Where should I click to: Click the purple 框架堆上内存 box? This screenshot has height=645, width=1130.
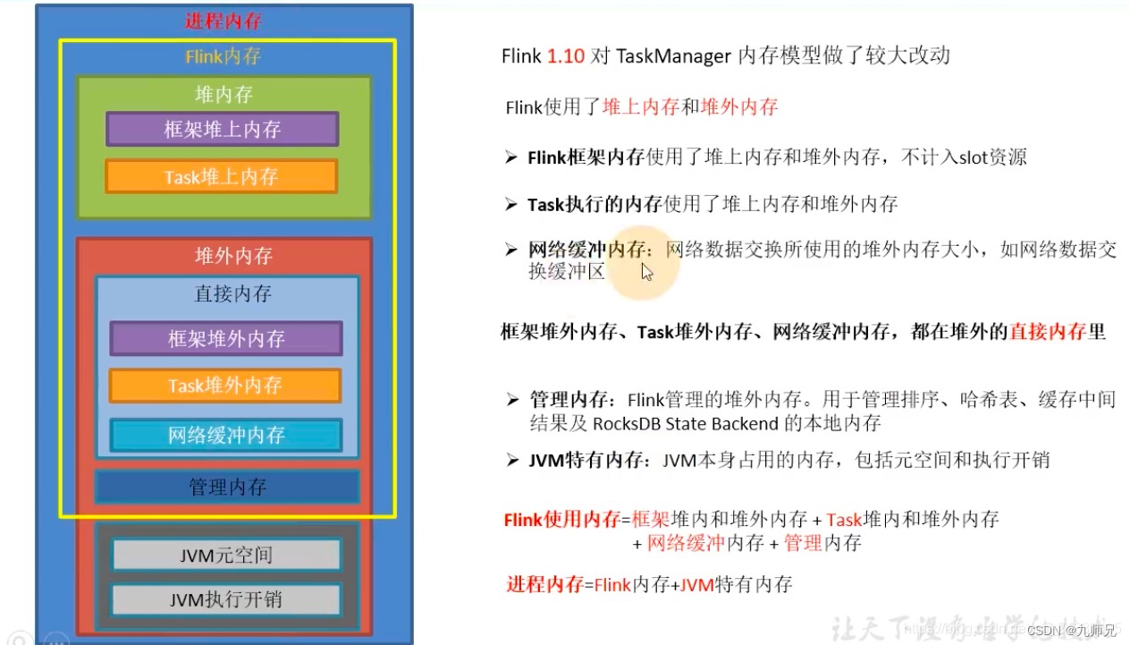tap(223, 129)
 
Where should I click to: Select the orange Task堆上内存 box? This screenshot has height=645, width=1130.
tap(222, 176)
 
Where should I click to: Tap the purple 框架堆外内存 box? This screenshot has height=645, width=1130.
tap(226, 339)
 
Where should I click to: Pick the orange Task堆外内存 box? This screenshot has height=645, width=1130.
tap(225, 386)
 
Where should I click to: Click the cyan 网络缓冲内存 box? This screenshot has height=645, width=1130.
tap(226, 435)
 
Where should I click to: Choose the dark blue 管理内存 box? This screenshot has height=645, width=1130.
tap(227, 488)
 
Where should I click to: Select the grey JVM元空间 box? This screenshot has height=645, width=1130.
tap(226, 556)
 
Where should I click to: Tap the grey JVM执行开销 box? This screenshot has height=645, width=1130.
tap(226, 598)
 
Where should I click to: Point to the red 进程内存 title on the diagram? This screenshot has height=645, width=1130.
tap(223, 21)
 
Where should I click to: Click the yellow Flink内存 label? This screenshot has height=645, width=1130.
tap(223, 56)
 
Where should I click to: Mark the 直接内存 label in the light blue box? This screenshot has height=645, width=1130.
tap(232, 294)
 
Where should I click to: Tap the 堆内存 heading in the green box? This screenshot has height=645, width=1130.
tap(224, 94)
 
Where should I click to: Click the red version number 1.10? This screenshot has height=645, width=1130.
tap(566, 55)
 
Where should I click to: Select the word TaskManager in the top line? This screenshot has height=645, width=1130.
tap(673, 55)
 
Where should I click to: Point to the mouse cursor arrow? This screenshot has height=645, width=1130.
tap(646, 270)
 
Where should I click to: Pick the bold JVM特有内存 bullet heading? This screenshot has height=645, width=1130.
tap(586, 461)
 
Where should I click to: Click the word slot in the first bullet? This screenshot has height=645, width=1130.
tap(974, 157)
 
